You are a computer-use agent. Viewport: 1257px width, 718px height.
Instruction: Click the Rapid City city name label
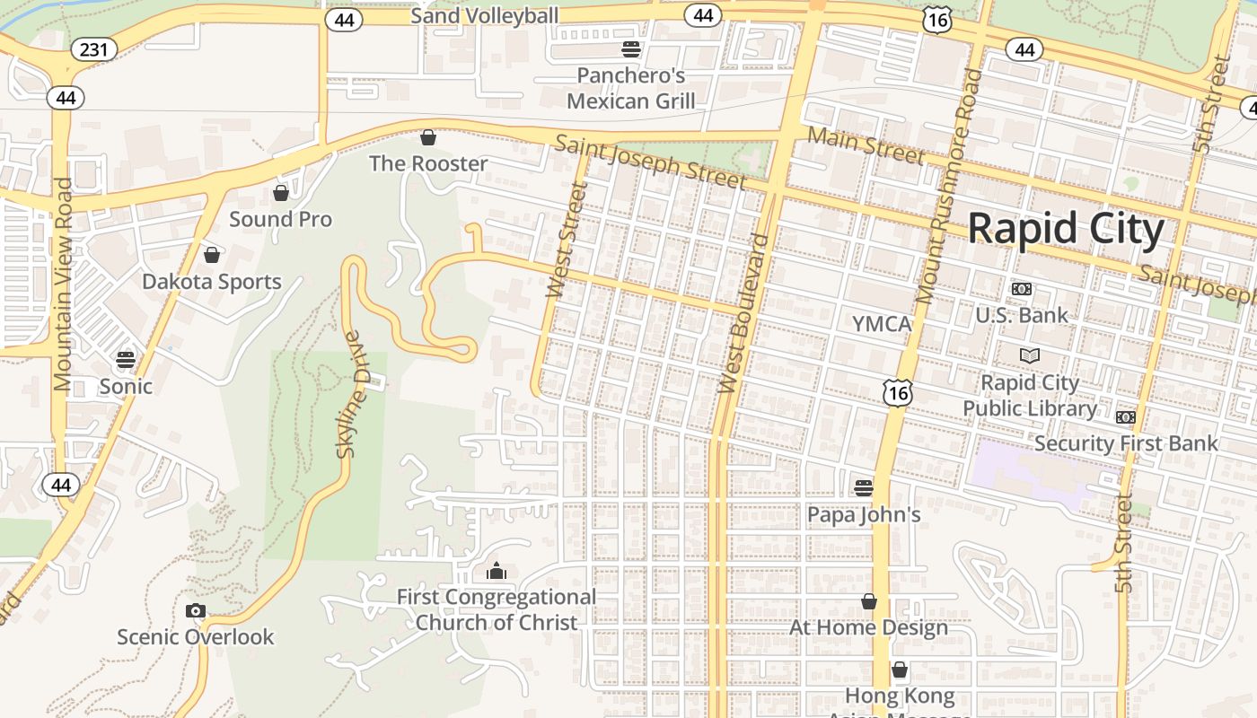pos(1065,228)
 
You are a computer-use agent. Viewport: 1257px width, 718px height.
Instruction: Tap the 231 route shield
pos(93,49)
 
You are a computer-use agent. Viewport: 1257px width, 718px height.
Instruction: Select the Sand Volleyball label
pos(484,15)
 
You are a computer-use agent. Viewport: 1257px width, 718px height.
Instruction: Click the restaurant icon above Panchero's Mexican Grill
pos(631,48)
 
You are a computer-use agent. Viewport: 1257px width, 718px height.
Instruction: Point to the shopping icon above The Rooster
pos(428,137)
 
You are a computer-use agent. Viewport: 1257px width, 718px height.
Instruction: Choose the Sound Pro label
pos(280,219)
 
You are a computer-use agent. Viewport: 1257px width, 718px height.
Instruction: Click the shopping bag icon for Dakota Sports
pos(212,255)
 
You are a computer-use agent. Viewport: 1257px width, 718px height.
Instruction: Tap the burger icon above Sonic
pos(126,360)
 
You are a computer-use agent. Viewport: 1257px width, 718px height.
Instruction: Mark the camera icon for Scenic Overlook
pos(195,611)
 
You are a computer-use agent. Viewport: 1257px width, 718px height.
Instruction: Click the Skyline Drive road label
pos(353,395)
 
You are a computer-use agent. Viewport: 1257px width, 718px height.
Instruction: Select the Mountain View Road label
pos(63,284)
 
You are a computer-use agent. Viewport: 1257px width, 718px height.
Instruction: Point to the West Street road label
pos(567,240)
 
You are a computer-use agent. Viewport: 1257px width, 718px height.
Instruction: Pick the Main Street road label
pos(866,145)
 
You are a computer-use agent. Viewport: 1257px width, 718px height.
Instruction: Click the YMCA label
pos(882,323)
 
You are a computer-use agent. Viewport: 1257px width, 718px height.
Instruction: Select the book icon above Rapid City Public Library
pos(1030,355)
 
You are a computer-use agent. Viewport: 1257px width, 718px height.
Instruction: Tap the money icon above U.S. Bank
pos(1022,289)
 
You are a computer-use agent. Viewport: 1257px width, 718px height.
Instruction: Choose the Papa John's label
pos(864,515)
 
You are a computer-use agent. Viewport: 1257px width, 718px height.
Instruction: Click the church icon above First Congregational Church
pos(496,571)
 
